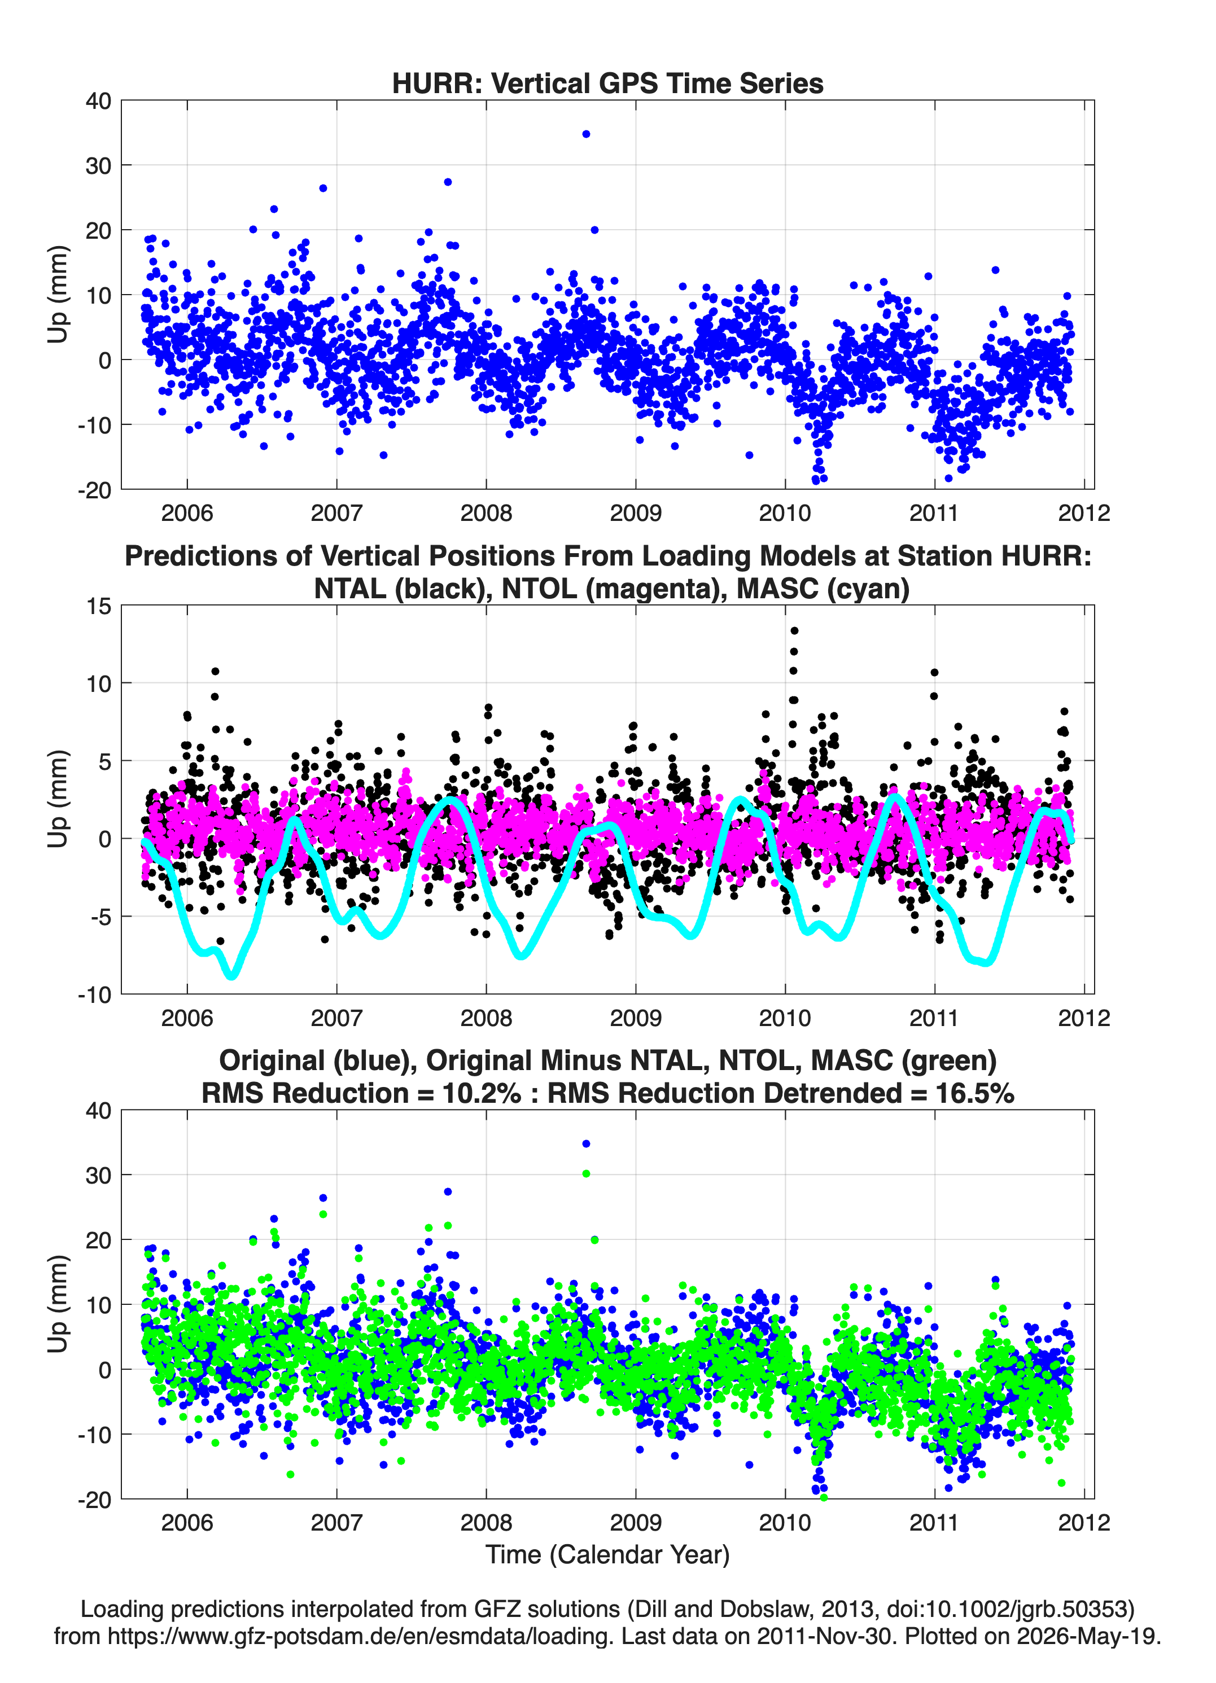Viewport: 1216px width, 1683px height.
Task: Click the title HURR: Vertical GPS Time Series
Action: coord(607,83)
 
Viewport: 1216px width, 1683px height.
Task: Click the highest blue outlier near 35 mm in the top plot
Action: coord(586,134)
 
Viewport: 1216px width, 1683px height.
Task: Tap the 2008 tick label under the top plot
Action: coord(486,513)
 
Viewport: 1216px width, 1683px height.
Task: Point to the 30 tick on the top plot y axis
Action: coord(99,165)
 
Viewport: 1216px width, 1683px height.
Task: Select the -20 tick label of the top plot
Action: coord(94,490)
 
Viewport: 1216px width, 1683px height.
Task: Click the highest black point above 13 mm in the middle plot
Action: coord(794,631)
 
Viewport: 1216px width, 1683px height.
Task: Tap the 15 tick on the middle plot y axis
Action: coord(99,606)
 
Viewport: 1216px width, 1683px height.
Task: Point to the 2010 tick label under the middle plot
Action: coord(785,1018)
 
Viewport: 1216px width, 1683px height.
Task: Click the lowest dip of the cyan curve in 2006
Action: coord(231,975)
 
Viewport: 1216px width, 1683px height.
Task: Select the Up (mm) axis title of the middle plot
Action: coord(58,799)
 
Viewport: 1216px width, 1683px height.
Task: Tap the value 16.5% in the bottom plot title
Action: coord(974,1093)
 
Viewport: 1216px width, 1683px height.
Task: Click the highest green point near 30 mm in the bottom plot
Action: coord(586,1174)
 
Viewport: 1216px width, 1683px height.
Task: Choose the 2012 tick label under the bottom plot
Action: coord(1084,1523)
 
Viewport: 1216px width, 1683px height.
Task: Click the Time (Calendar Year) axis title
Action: coord(607,1555)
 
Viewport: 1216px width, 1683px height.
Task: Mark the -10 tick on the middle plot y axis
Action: coord(94,995)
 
